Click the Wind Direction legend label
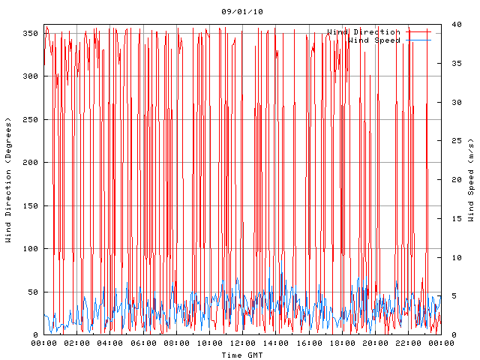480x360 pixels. (x=364, y=31)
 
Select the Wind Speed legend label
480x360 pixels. (x=375, y=40)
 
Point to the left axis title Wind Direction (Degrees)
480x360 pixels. (x=8, y=180)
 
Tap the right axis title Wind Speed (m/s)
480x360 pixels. (x=471, y=180)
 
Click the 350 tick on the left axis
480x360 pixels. (x=30, y=34)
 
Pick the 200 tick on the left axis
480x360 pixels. (x=30, y=163)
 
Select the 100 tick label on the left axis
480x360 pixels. (x=30, y=249)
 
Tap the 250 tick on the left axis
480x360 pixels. (x=30, y=120)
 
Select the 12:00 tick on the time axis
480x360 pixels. (x=242, y=343)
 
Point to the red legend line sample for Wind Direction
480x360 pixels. (x=419, y=32)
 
